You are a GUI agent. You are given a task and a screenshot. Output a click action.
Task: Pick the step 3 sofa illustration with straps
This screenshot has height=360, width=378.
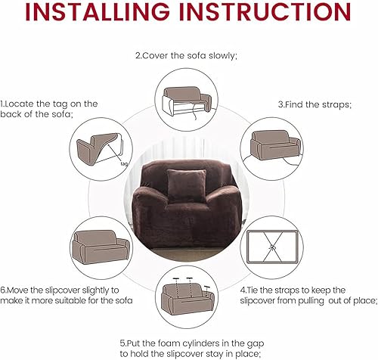coord(274,142)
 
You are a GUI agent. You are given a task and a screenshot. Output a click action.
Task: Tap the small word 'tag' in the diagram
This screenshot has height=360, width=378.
coord(122,163)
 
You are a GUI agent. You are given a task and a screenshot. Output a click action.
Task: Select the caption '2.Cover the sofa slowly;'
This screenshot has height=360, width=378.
coord(185,55)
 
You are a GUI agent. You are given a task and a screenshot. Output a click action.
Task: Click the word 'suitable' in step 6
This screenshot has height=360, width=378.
coord(75,300)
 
